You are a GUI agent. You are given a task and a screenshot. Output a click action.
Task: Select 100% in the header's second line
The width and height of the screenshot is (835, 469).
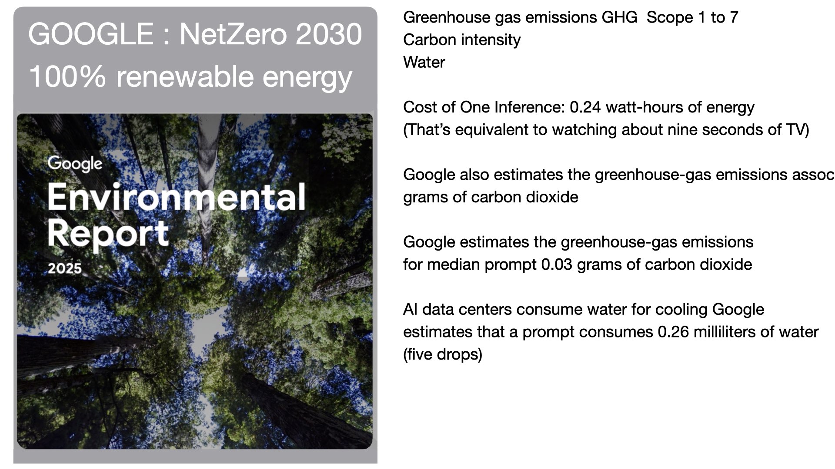67,76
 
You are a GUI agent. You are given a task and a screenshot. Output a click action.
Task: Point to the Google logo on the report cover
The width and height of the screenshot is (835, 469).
75,165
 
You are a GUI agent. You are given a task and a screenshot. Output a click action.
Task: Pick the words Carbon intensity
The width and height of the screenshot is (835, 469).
462,40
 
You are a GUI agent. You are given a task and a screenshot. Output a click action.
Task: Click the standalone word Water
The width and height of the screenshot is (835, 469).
424,62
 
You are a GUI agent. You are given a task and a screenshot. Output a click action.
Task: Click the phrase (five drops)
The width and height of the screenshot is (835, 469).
443,354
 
